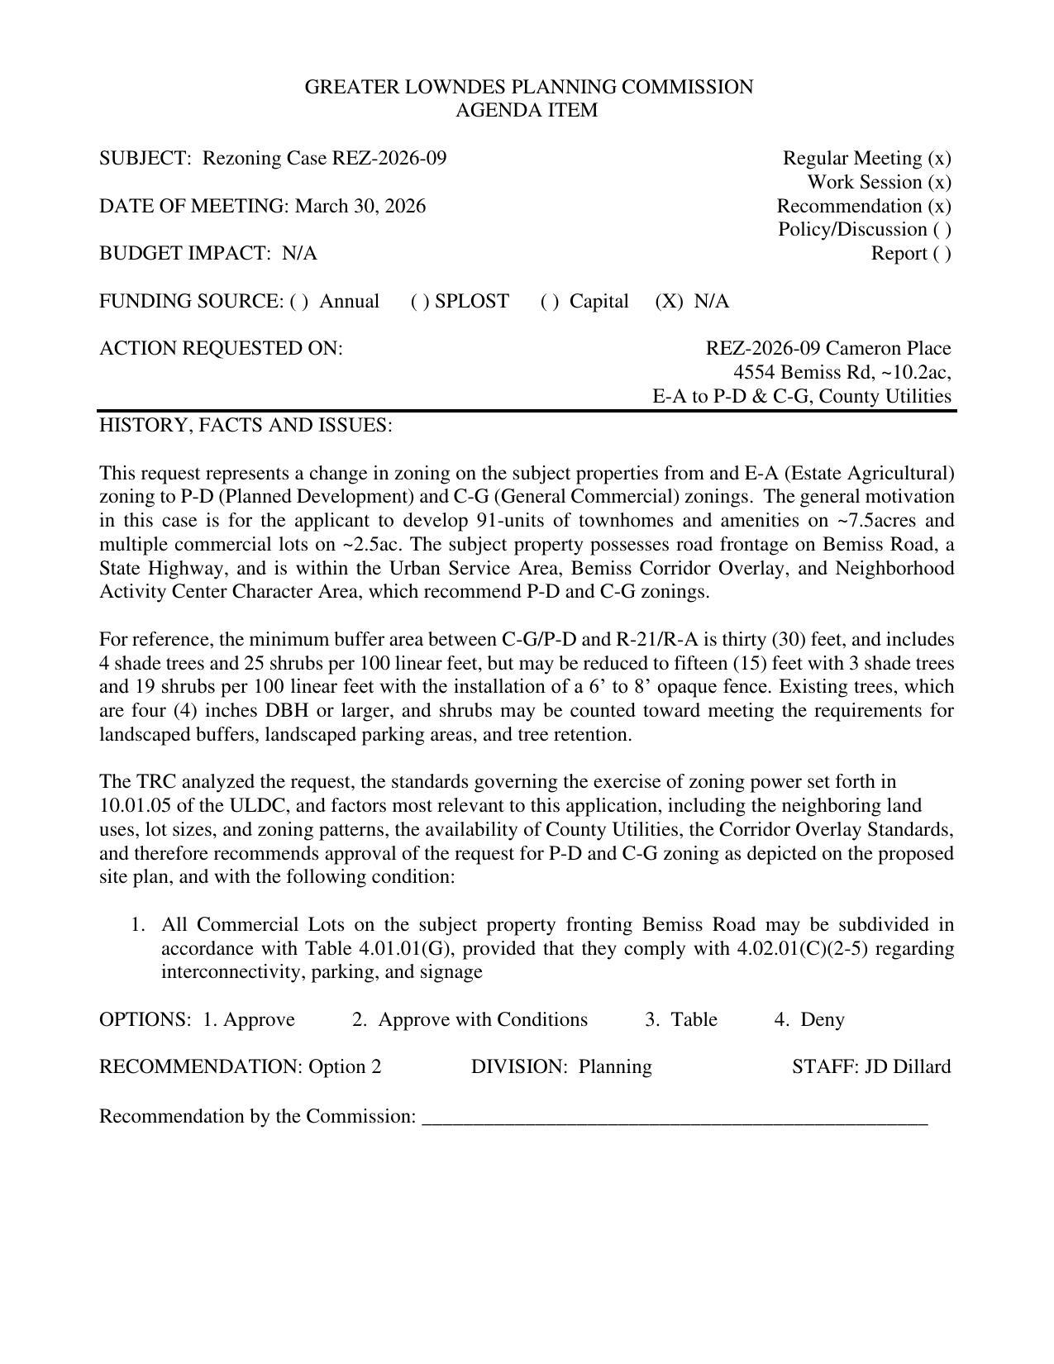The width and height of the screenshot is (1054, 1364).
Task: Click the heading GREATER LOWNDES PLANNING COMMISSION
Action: coord(528,87)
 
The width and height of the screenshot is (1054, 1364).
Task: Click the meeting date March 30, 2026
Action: coord(360,206)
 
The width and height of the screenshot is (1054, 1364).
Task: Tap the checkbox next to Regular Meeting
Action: coord(939,158)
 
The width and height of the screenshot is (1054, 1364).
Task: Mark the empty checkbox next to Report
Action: coord(942,253)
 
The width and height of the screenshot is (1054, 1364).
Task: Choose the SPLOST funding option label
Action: coord(471,301)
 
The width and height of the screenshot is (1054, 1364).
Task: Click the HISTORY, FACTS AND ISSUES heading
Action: coord(246,425)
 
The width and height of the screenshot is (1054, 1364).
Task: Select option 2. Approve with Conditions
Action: coord(470,1019)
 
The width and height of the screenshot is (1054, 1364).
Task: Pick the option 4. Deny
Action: coord(809,1019)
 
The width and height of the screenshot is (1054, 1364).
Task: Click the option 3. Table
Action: coord(681,1019)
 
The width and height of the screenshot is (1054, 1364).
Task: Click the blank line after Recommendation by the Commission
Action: coord(675,1118)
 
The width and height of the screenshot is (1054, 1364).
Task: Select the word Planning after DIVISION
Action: coord(615,1066)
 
